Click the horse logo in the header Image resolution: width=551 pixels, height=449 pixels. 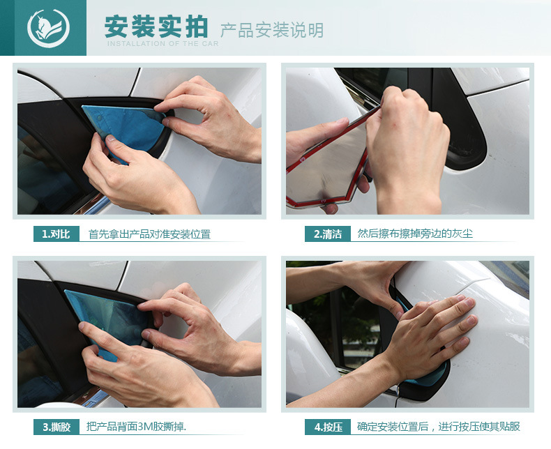[48, 28]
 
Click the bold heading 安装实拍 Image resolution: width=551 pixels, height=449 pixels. [156, 26]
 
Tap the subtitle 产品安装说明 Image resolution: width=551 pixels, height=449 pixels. [271, 30]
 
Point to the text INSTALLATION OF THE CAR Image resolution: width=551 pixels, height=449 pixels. [163, 43]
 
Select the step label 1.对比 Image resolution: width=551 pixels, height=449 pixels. [56, 234]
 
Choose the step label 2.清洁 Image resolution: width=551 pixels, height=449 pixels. [328, 234]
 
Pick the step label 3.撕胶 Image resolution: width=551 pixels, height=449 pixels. [56, 427]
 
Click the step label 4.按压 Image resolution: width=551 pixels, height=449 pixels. [328, 427]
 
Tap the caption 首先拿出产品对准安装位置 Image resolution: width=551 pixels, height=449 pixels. [149, 234]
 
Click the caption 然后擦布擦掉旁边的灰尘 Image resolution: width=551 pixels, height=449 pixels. [415, 234]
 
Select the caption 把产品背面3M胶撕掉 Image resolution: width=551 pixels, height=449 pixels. [136, 427]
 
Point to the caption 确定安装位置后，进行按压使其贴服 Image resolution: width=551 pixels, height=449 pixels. [439, 427]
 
